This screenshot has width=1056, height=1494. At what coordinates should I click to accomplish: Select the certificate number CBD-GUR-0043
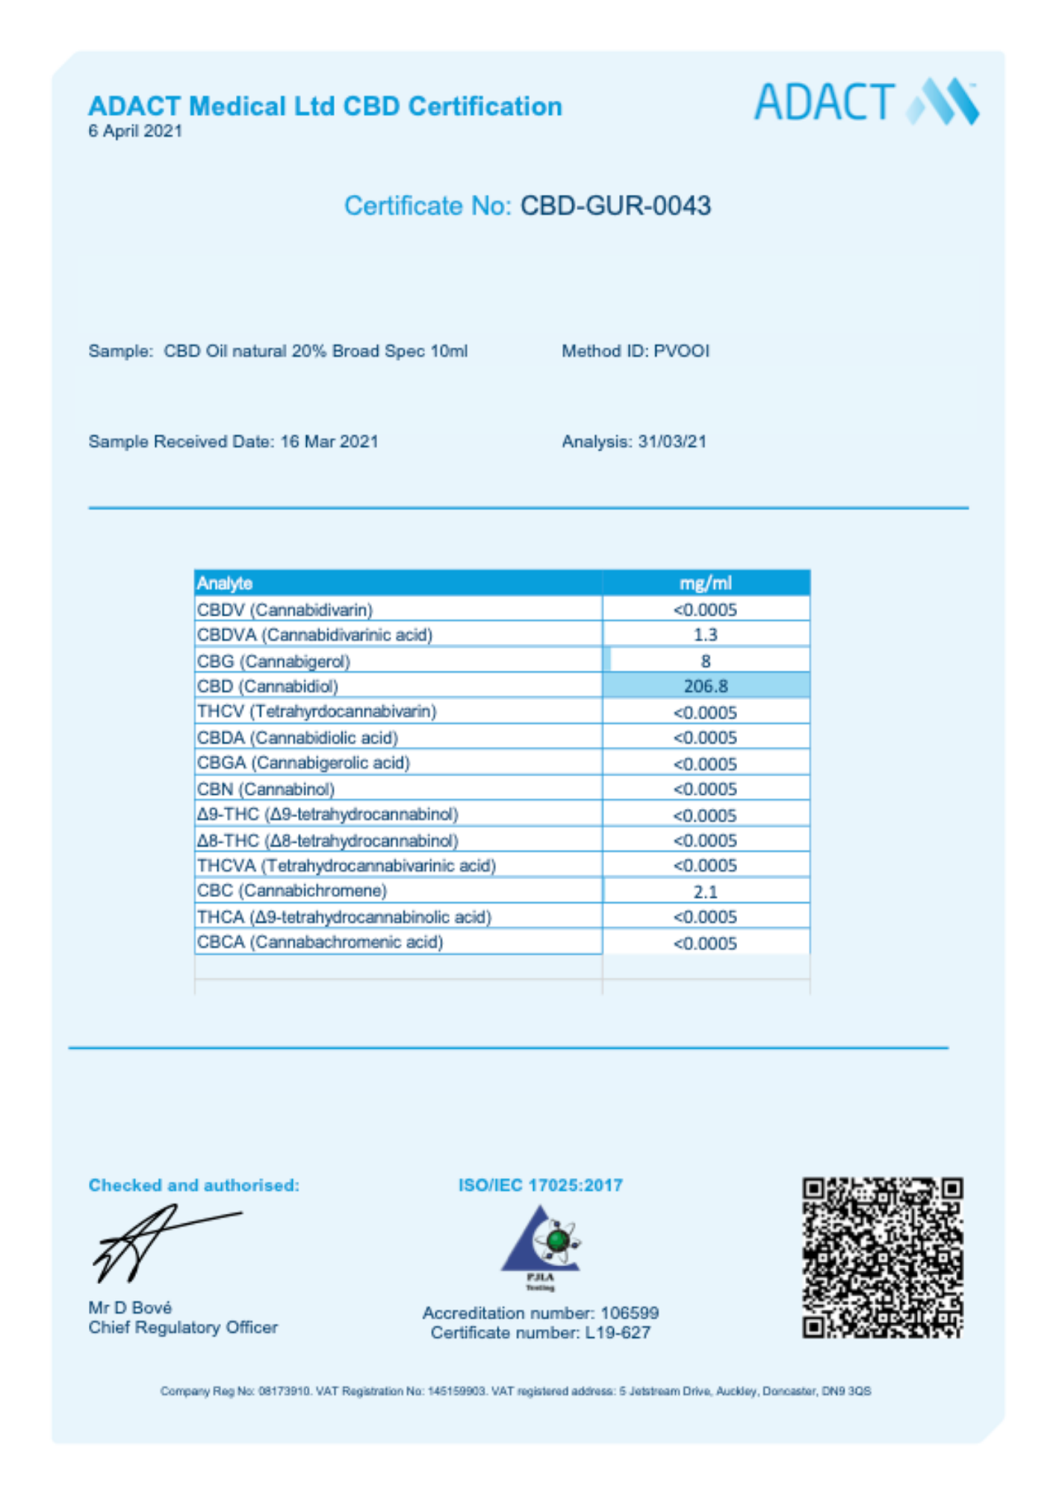[615, 205]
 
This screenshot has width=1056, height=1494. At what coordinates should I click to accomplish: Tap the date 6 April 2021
[135, 131]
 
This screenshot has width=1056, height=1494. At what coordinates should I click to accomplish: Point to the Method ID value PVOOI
[681, 351]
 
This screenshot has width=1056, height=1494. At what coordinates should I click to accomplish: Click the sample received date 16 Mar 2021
[329, 441]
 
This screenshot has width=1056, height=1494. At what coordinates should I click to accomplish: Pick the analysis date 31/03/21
[671, 441]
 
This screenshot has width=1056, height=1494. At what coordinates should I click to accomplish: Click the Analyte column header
[225, 583]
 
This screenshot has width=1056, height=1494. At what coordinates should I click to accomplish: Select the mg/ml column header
[705, 583]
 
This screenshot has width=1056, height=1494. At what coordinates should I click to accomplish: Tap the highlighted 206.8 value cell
[706, 686]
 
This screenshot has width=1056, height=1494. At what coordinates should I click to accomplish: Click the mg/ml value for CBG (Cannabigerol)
[706, 661]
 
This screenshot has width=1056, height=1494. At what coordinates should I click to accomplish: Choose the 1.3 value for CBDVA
[706, 635]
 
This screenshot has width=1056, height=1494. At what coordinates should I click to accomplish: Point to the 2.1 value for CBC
[706, 891]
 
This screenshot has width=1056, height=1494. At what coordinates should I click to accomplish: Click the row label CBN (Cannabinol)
[266, 789]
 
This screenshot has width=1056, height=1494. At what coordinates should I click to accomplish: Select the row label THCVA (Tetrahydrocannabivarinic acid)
[347, 866]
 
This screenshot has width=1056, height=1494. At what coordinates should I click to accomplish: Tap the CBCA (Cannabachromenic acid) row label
[320, 942]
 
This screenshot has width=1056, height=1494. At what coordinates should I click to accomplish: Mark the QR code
[882, 1258]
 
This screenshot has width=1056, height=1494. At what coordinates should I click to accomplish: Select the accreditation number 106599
[630, 1312]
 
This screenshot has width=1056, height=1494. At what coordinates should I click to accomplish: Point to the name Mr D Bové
[130, 1307]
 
